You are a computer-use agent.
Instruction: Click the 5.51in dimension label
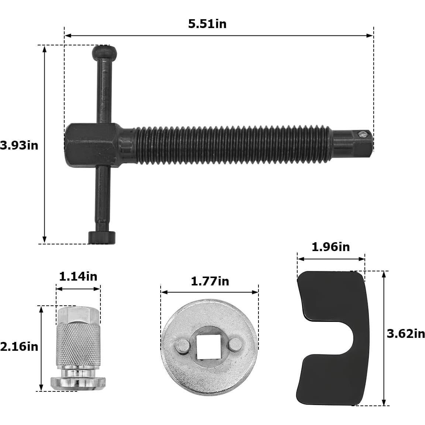point(208,24)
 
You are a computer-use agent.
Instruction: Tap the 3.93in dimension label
point(19,145)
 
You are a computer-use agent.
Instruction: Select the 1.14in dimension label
point(78,277)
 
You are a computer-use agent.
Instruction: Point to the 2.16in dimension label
point(19,347)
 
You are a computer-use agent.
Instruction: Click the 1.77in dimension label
point(210,281)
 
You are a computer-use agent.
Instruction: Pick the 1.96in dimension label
point(331,247)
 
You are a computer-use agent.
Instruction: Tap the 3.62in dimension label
point(406,334)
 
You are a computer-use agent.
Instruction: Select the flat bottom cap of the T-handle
point(102,237)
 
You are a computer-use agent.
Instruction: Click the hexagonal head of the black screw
point(92,145)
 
